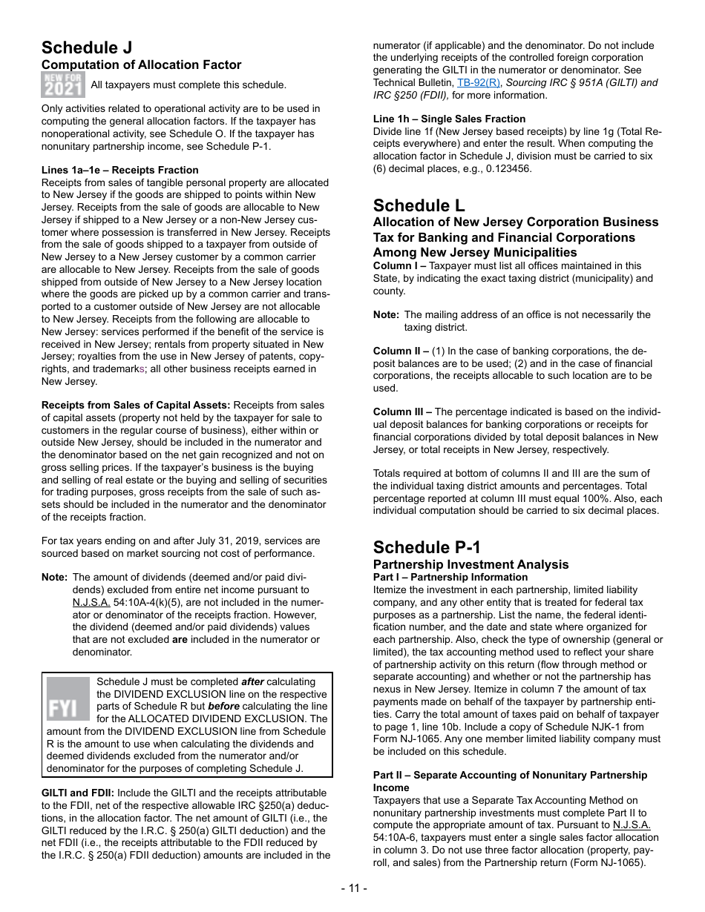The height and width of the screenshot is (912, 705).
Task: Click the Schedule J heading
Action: [x=87, y=48]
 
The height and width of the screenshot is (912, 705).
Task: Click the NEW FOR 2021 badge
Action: [x=63, y=85]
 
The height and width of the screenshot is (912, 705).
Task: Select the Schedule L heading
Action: [x=419, y=205]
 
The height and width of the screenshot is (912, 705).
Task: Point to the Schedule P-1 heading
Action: [x=427, y=547]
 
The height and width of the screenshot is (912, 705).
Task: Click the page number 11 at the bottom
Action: [x=353, y=888]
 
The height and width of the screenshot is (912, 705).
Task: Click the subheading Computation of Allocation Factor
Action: [x=141, y=65]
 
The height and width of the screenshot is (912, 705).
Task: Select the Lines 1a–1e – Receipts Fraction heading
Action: [x=119, y=170]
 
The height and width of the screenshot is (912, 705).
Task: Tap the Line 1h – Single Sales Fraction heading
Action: [x=449, y=119]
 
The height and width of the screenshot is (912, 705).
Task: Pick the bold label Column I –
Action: [x=399, y=265]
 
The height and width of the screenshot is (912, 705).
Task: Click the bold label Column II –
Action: [x=401, y=351]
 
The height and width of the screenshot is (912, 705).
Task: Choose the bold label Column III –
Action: [x=402, y=412]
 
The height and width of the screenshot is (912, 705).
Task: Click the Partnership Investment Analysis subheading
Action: [x=470, y=564]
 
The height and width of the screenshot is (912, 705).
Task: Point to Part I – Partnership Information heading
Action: [x=450, y=577]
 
